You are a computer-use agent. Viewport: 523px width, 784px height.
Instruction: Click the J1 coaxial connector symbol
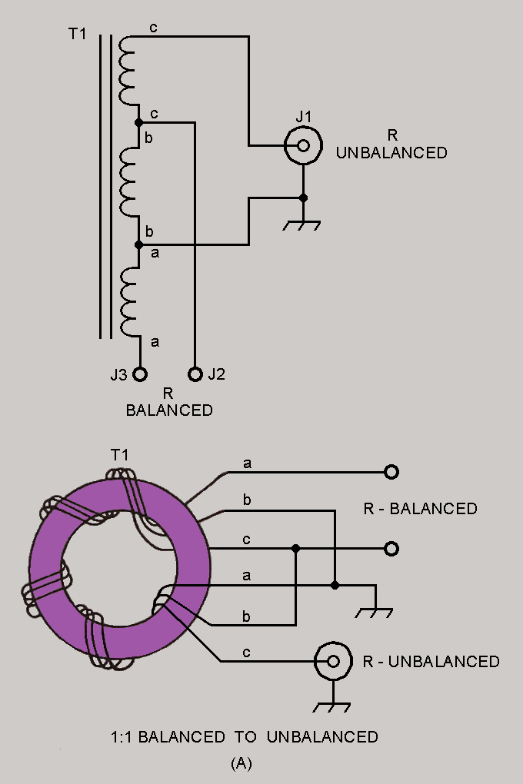[303, 145]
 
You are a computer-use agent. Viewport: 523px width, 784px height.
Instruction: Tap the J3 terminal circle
[140, 374]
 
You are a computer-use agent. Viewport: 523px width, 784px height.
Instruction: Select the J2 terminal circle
[195, 374]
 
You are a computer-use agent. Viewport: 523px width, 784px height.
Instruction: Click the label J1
[304, 117]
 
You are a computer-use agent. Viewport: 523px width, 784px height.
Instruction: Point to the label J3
[119, 375]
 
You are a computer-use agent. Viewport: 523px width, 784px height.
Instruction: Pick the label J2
[216, 375]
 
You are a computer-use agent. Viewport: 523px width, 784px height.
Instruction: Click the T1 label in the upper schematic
[77, 35]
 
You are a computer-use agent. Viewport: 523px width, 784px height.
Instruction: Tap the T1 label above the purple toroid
[119, 455]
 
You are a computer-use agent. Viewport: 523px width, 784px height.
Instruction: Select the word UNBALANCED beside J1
[391, 153]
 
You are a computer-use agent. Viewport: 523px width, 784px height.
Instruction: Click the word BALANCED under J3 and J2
[169, 410]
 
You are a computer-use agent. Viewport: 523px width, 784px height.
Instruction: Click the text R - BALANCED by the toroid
[420, 509]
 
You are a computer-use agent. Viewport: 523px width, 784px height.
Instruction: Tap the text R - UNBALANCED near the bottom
[431, 661]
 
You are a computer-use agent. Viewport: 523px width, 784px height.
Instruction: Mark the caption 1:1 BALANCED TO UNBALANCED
[245, 737]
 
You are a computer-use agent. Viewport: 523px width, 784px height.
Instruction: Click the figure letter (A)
[242, 763]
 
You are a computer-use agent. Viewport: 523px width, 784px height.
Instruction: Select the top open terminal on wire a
[391, 471]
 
